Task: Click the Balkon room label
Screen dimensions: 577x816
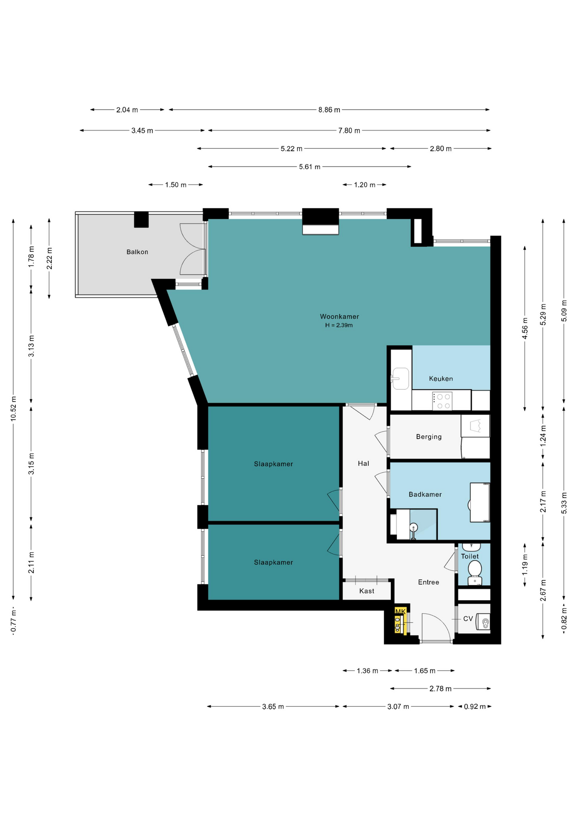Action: [137, 252]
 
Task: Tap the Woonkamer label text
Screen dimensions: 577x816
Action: [339, 317]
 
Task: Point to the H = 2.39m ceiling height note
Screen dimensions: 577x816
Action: [339, 326]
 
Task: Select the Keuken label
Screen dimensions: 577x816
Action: [441, 379]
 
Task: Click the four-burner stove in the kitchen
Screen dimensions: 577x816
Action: [442, 401]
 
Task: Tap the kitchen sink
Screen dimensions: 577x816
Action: [400, 378]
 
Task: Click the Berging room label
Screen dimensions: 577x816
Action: [429, 437]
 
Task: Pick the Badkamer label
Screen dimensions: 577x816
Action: [425, 495]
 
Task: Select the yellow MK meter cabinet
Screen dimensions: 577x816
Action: [400, 620]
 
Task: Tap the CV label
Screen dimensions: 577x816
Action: [468, 619]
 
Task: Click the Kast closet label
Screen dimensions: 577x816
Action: [367, 591]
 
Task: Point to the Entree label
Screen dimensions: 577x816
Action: [429, 582]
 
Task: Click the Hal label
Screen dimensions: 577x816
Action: [363, 464]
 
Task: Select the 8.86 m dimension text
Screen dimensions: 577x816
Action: [329, 110]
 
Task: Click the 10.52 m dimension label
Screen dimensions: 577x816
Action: [14, 409]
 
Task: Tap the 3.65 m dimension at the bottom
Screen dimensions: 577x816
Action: [273, 707]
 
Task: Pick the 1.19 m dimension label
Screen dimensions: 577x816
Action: [525, 565]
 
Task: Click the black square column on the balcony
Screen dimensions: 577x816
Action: [141, 219]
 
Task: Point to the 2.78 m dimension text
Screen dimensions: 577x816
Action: [440, 688]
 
